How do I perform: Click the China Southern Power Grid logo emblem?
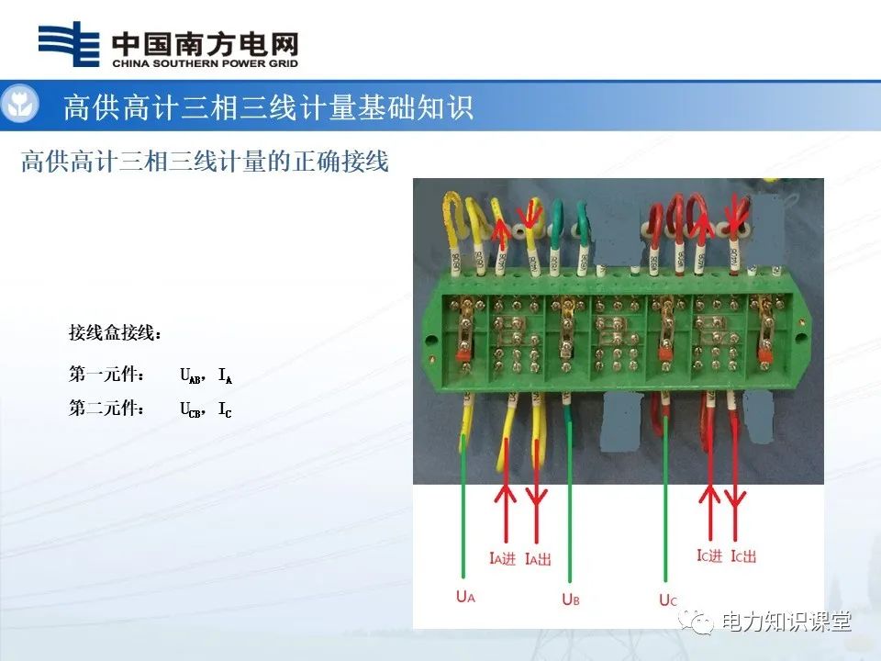coord(69,45)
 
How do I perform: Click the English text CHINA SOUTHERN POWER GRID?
coord(205,64)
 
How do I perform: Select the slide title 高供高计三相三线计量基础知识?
coord(268,107)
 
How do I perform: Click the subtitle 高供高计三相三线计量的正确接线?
coord(206,162)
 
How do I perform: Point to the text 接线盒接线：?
coord(115,330)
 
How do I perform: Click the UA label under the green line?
coord(465,597)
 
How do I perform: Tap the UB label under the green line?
coord(570,599)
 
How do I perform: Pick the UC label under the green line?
coord(667,600)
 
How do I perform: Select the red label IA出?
coord(538,558)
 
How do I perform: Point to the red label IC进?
coord(709,556)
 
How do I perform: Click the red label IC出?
coord(743,556)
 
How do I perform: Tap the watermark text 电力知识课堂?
coord(786,622)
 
